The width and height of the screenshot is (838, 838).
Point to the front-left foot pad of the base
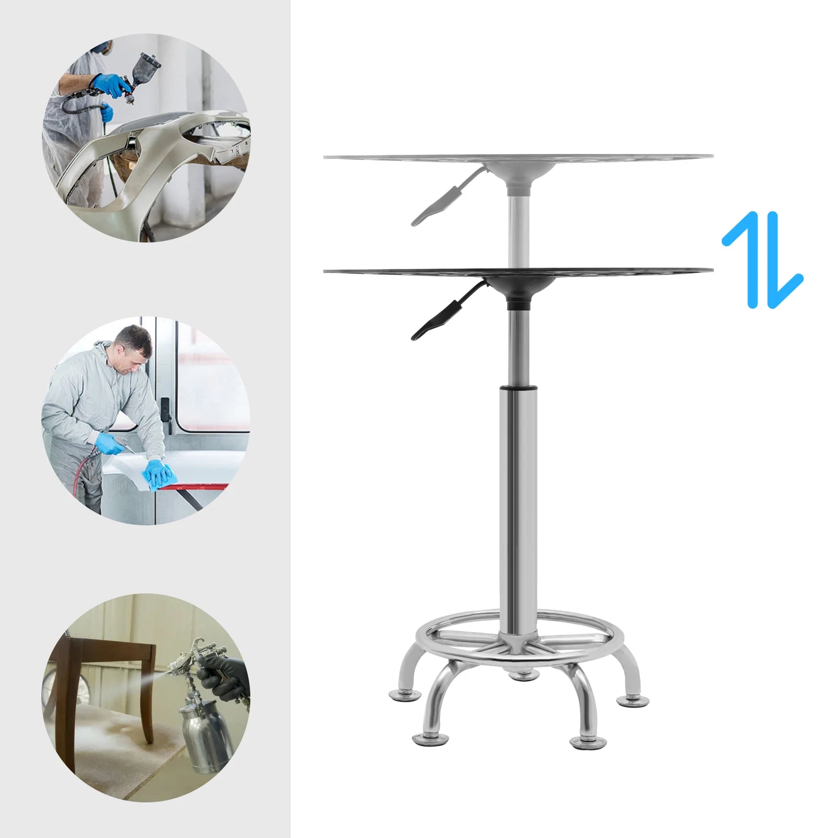(431, 739)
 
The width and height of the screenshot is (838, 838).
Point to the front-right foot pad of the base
(588, 741)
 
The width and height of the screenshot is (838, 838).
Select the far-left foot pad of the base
(405, 696)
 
